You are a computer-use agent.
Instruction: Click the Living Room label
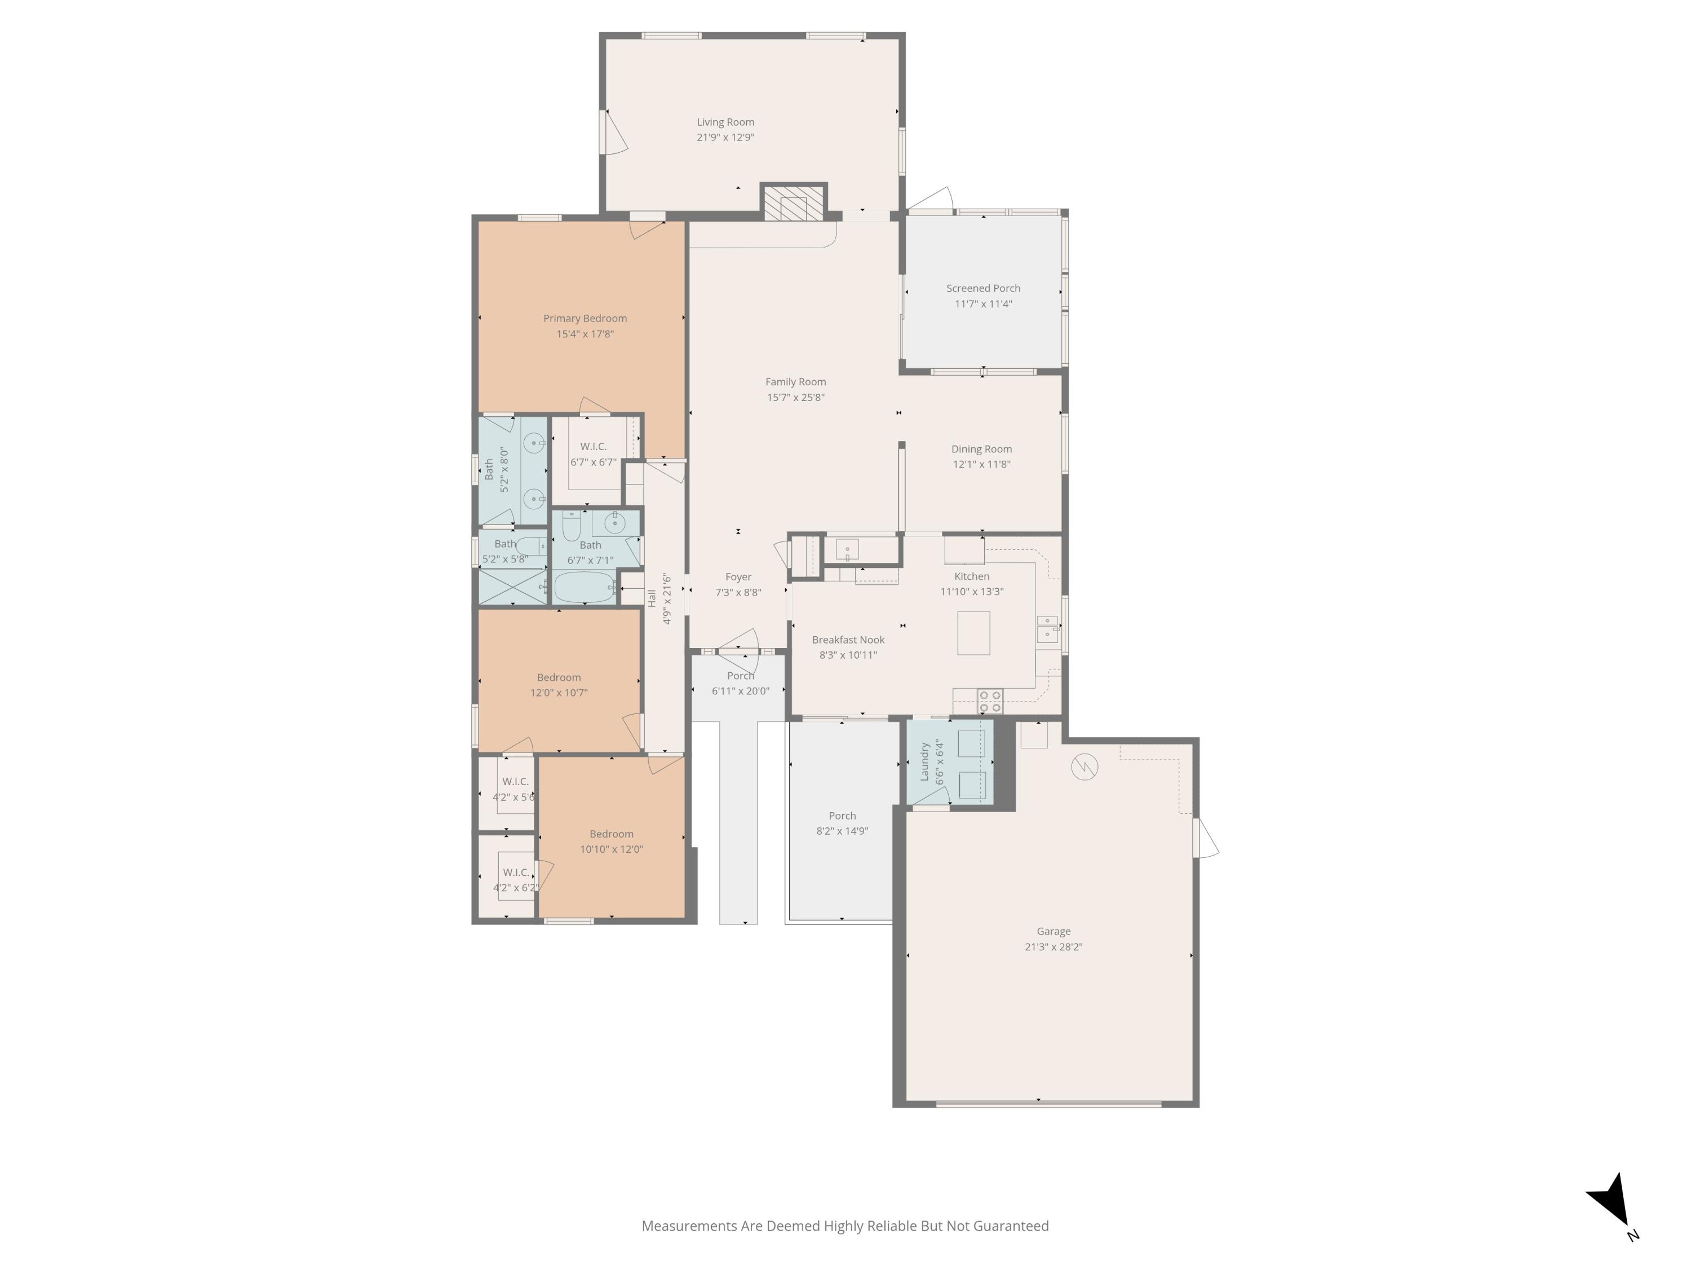pyautogui.click(x=725, y=122)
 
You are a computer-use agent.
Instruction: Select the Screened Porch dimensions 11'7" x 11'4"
pyautogui.click(x=982, y=303)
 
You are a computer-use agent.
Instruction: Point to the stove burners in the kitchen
pyautogui.click(x=990, y=700)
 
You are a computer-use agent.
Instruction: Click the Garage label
pyautogui.click(x=1053, y=931)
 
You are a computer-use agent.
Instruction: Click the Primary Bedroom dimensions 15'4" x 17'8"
pyautogui.click(x=585, y=333)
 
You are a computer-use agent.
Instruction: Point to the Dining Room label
pyautogui.click(x=981, y=449)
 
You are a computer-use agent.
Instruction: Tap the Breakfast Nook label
pyautogui.click(x=848, y=640)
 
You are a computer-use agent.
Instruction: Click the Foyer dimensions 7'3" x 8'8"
pyautogui.click(x=738, y=592)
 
